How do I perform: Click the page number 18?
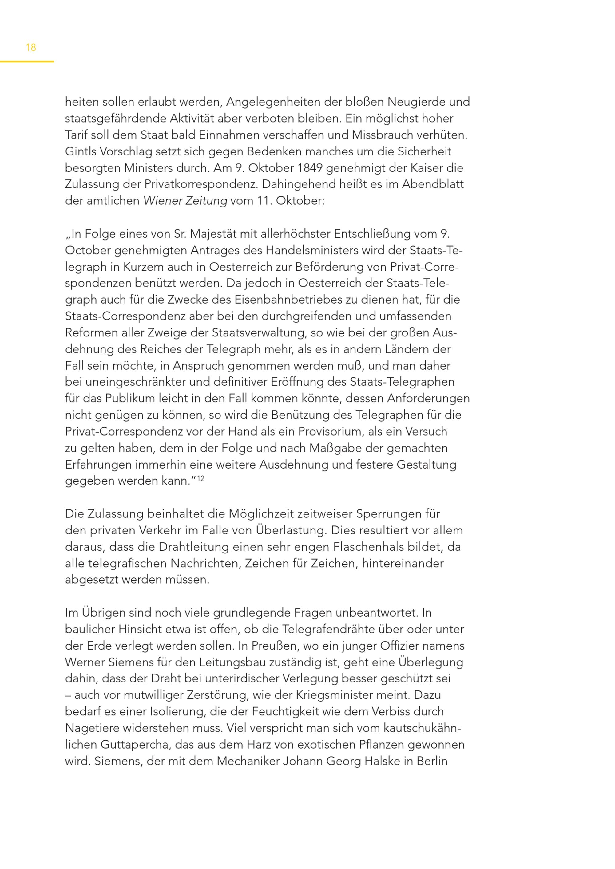point(31,47)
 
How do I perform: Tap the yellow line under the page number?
point(27,62)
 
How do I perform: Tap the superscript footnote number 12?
point(201,478)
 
